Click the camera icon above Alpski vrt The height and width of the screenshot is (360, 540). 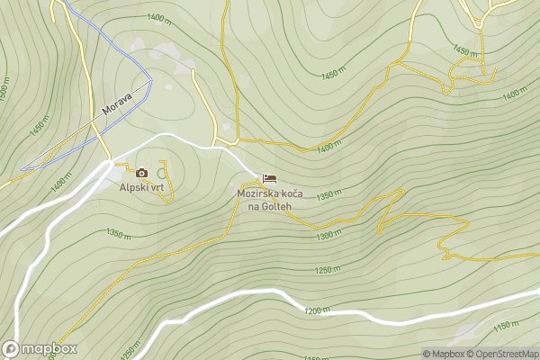[x=141, y=173]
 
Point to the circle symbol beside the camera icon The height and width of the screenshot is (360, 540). [x=162, y=173]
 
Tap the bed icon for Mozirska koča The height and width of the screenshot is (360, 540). [x=270, y=179]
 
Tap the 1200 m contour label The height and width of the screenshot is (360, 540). [x=318, y=310]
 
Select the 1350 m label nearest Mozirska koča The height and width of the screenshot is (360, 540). [x=329, y=195]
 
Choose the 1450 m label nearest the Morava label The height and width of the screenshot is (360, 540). [x=38, y=125]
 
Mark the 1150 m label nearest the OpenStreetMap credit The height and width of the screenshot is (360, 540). [x=507, y=325]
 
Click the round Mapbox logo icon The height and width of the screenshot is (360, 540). [x=11, y=349]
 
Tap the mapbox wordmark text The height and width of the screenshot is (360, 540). [x=49, y=349]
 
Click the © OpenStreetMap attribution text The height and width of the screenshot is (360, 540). [x=502, y=354]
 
